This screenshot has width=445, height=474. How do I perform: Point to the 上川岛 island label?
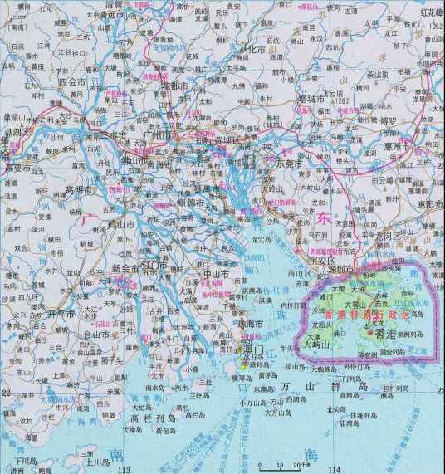click(x=86, y=455)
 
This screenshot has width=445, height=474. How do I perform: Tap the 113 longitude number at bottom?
click(x=126, y=470)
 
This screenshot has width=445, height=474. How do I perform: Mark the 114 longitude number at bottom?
click(x=335, y=470)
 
